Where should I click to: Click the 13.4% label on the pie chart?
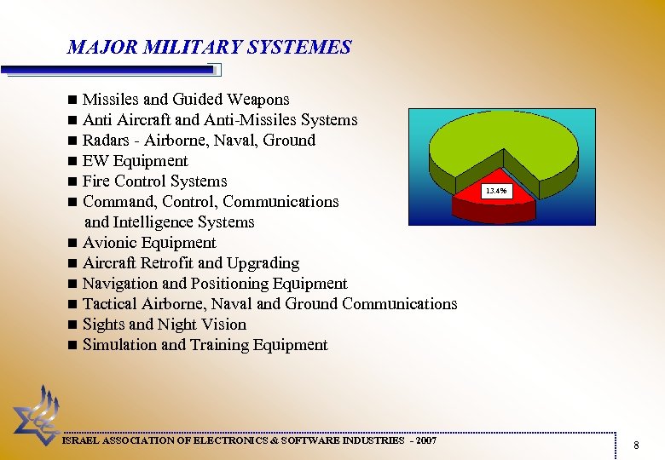(496, 192)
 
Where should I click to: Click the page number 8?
(636, 445)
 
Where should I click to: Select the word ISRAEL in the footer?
(84, 440)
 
